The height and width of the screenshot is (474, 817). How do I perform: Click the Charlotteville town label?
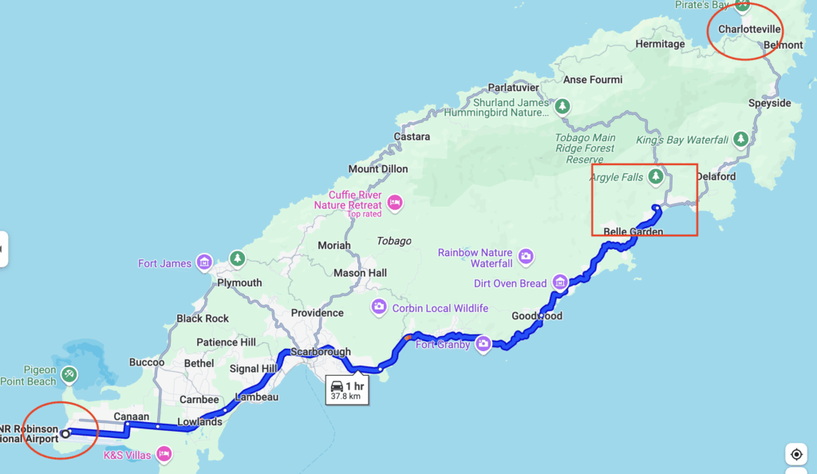pos(749,30)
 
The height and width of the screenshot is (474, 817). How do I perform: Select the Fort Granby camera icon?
pos(483,344)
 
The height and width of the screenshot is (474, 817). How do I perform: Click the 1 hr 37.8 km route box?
pos(348,390)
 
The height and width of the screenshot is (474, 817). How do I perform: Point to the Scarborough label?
pos(320,352)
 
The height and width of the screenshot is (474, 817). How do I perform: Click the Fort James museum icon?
pos(205,263)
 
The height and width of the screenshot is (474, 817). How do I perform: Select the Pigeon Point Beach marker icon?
pos(70,373)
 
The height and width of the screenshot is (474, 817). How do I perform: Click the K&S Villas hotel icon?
pos(164,454)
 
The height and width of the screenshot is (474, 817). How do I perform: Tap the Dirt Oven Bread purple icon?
pos(560,282)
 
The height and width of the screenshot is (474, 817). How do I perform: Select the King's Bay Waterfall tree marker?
pos(741,140)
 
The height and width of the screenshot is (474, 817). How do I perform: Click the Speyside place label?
pos(769,103)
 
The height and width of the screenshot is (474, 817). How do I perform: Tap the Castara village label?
pos(412,137)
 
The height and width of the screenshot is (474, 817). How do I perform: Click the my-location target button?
pos(795,454)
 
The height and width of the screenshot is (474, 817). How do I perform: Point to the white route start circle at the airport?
pos(66,433)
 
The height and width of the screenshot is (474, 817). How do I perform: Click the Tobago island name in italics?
pos(393,241)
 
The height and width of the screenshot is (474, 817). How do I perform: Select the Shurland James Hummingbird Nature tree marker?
pos(562,106)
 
